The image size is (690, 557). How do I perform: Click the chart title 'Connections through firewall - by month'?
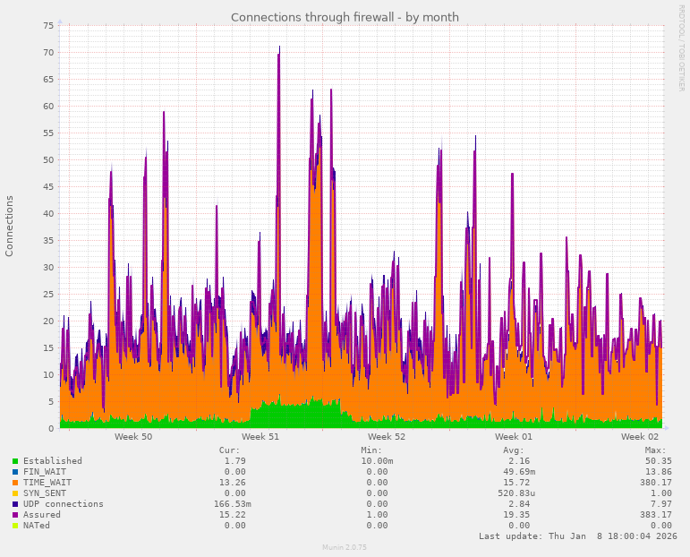(x=345, y=17)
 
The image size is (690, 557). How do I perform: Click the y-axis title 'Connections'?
(x=10, y=226)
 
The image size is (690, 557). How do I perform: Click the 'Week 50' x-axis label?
(x=133, y=437)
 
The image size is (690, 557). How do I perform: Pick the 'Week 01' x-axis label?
(x=514, y=437)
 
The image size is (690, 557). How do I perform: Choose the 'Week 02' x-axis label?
(x=640, y=437)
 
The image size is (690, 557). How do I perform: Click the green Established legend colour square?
(x=15, y=461)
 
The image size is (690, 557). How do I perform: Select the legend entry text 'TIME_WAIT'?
(x=47, y=483)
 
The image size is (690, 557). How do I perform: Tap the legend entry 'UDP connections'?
(x=63, y=504)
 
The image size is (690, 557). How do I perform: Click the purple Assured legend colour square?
(x=15, y=515)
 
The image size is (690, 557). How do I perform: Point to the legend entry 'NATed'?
(x=37, y=526)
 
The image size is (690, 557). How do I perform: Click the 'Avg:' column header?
(x=514, y=450)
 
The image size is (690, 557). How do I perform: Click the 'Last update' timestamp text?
(x=578, y=536)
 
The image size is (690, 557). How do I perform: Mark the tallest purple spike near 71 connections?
(x=279, y=47)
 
